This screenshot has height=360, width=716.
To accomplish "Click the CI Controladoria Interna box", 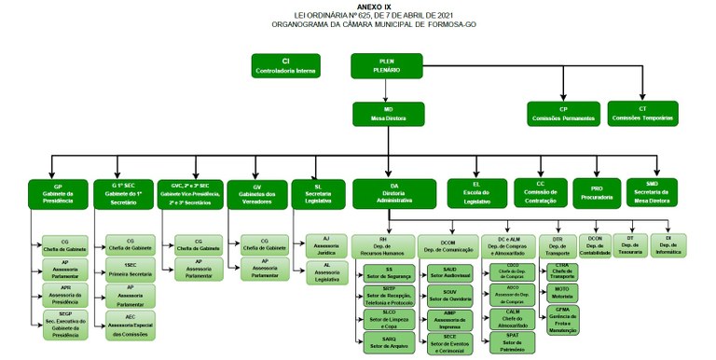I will point(286,65).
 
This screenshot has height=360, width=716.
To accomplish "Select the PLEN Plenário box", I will point(386,65).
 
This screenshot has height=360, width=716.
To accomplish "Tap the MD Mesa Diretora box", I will point(386,114).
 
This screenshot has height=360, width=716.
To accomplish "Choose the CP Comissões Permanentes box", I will point(563,114).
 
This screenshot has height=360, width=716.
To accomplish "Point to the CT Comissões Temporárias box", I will point(643,114).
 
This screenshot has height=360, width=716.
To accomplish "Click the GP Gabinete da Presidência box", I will point(58,193).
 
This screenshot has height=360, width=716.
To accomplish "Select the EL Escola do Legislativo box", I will point(475,191).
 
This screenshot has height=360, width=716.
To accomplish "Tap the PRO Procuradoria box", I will point(597,191).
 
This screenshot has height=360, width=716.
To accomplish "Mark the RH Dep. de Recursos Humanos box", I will point(383,245).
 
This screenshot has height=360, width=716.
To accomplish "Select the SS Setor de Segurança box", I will point(384,274).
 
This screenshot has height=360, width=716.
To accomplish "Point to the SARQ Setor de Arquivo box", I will point(384,342).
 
